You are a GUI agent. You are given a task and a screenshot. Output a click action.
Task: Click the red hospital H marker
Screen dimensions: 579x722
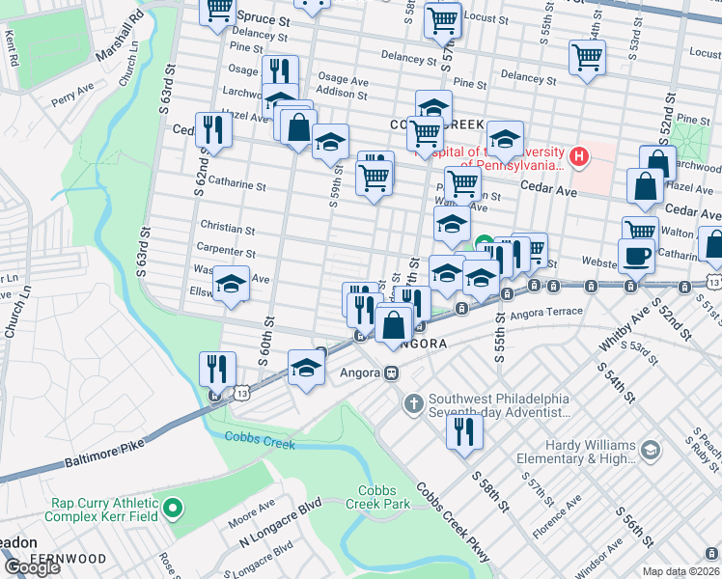point(579,155)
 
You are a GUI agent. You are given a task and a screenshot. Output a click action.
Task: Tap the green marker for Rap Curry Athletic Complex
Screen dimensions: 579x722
point(173,506)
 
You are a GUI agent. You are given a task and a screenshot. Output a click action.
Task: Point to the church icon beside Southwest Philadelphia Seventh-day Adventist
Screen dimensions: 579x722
point(414,402)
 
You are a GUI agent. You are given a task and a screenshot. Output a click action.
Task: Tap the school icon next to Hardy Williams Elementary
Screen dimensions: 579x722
point(651,451)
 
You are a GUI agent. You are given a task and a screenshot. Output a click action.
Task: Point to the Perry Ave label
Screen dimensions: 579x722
point(71,98)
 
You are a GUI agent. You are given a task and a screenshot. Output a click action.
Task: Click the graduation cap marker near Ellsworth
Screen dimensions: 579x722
point(231,285)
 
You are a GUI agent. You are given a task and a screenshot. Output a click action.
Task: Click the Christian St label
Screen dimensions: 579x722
point(227,230)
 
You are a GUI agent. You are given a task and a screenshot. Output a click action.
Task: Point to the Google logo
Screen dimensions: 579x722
point(32,567)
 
